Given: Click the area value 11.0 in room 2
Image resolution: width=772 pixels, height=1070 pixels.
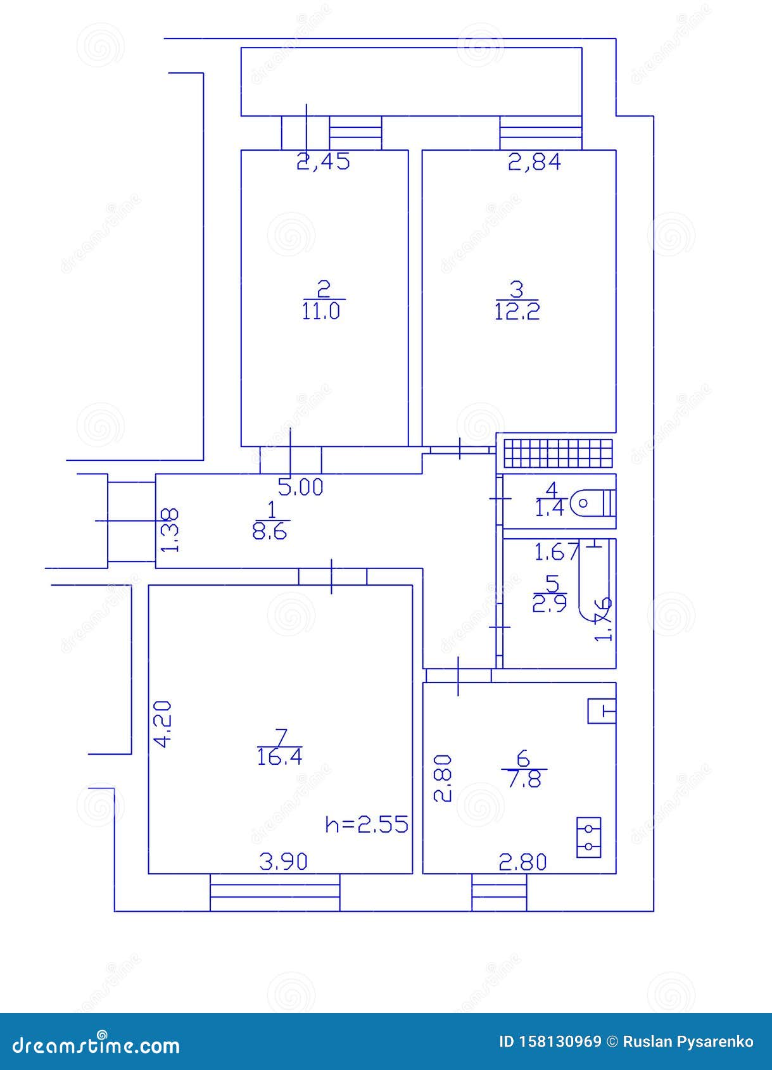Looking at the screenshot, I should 321,312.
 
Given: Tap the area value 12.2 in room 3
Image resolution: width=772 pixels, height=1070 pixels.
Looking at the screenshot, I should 517,312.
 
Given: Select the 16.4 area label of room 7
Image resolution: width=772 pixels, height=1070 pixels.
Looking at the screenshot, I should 279,757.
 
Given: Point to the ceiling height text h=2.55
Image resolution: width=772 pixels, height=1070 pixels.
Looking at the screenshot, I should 367,824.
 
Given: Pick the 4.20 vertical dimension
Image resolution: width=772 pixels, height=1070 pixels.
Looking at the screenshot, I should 162,724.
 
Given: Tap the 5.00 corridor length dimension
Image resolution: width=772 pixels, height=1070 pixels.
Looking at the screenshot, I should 300,488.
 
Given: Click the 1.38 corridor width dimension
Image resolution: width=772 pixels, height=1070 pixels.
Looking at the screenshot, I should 172,531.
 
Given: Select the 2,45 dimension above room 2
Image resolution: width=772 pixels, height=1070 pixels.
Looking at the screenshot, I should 323,163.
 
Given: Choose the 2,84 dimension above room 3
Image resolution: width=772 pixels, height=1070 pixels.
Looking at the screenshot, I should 535,163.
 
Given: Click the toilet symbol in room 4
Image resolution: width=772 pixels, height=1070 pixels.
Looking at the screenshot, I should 592,504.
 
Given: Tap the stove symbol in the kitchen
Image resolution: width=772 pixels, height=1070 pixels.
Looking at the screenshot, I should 588,837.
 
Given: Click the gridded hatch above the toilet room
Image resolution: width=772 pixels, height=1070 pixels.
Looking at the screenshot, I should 558,452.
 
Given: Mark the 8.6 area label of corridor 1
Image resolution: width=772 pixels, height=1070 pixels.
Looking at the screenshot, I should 270,532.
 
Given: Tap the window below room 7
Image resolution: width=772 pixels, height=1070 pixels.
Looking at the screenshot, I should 275,893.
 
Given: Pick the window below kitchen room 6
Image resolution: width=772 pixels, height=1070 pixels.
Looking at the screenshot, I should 499,893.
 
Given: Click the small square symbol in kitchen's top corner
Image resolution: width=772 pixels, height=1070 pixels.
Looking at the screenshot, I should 601,711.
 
